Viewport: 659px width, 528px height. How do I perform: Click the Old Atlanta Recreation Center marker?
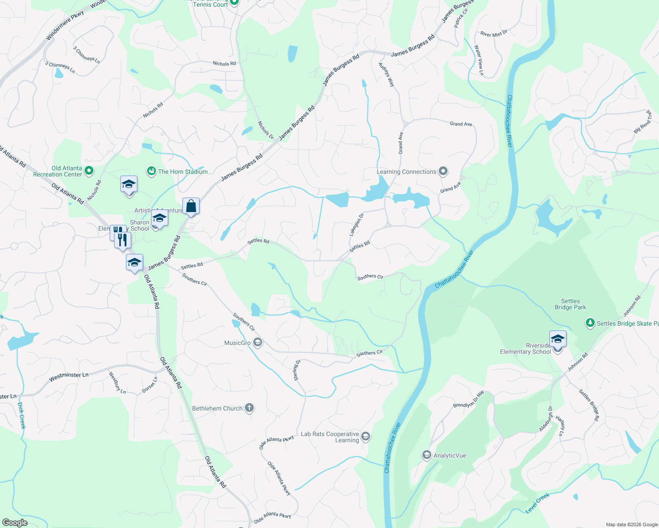[89, 171]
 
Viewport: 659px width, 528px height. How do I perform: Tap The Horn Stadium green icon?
[152, 171]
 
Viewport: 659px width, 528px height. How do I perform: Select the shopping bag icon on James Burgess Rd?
[191, 206]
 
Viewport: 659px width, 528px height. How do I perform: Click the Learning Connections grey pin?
[443, 172]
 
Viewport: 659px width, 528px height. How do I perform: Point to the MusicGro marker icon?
[258, 342]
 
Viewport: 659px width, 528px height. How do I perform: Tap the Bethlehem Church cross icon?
[249, 408]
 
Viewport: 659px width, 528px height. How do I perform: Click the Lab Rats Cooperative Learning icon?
[366, 436]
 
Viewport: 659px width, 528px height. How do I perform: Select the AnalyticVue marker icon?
[426, 455]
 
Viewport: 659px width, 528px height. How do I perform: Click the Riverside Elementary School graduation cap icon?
[558, 339]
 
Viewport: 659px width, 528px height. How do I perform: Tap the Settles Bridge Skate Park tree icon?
[590, 323]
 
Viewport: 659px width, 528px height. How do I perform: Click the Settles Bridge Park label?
[570, 304]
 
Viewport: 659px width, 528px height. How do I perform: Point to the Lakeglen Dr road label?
[357, 224]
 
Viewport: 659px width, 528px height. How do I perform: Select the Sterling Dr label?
[297, 370]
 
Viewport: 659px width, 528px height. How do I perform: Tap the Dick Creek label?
[22, 415]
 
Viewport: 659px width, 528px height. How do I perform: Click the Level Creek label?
[538, 503]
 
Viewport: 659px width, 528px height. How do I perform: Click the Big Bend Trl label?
[643, 122]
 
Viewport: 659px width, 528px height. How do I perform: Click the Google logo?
[15, 522]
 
